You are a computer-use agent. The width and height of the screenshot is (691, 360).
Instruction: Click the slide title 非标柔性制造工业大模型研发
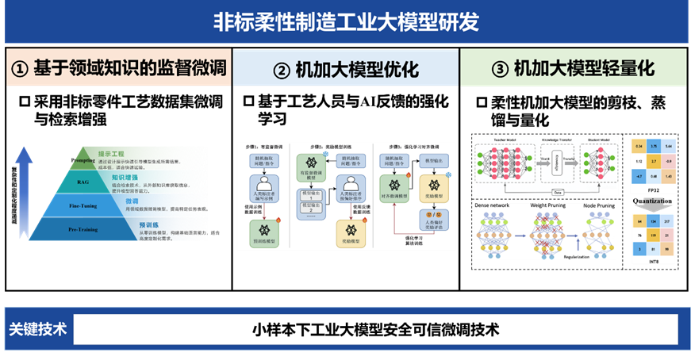coord(345,21)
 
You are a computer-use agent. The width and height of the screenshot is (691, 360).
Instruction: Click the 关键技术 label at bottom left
coord(37,328)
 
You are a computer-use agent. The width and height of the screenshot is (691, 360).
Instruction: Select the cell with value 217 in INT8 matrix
coord(668,220)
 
